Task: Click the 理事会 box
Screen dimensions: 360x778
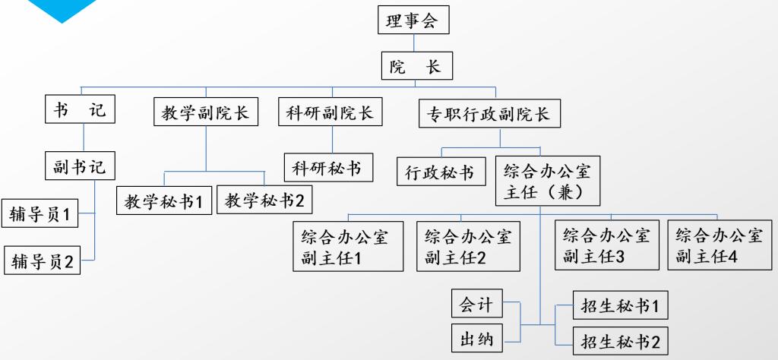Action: point(413,20)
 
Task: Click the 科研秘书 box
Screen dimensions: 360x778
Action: point(329,167)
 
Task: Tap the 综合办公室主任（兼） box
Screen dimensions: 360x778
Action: point(547,180)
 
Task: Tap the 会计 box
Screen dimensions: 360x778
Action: point(476,304)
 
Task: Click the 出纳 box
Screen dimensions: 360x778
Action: point(476,337)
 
